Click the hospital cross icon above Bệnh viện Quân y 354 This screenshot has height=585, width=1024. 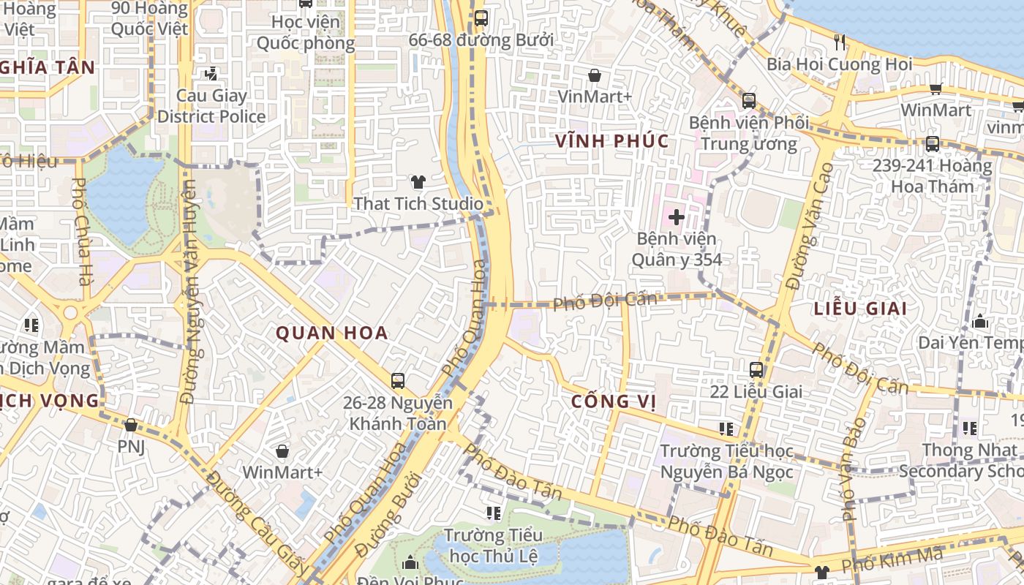tap(677, 216)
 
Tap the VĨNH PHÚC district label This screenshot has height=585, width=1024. tap(612, 141)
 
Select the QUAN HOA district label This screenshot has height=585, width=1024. tap(331, 333)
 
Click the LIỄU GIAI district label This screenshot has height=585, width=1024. tap(860, 309)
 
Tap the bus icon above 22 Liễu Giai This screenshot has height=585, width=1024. tap(756, 370)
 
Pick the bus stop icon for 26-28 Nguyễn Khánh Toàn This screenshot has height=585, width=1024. tap(398, 380)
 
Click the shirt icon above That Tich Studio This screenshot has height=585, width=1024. tap(418, 182)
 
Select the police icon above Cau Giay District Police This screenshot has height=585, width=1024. tap(211, 73)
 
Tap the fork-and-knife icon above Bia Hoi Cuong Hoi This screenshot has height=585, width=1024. tap(839, 42)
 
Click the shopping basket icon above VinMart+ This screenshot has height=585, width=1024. tap(595, 75)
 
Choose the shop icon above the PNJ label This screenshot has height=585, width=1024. tap(131, 425)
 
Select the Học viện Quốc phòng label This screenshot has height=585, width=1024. tap(305, 33)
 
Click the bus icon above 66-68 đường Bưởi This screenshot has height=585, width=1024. tap(481, 18)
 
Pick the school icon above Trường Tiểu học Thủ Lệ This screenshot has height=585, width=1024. tap(494, 513)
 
